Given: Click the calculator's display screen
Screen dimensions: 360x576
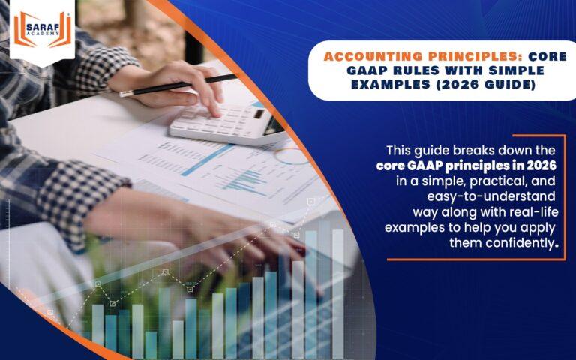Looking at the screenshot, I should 259,115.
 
